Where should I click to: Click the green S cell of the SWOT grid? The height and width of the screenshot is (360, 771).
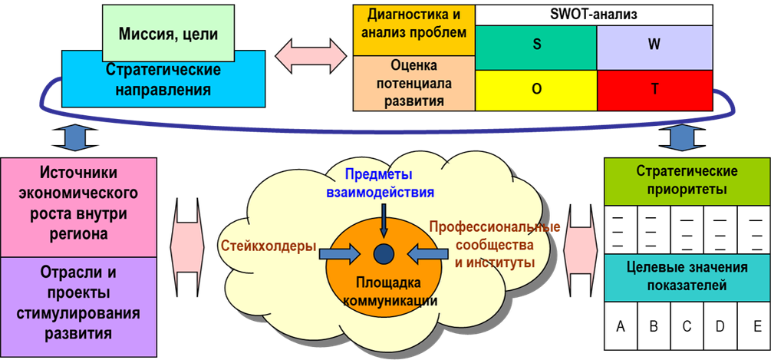pyautogui.click(x=536, y=44)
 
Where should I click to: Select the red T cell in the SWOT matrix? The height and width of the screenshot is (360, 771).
pyautogui.click(x=654, y=88)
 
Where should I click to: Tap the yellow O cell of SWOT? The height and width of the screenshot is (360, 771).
pyautogui.click(x=536, y=88)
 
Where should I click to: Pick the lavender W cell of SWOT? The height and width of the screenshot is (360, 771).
pyautogui.click(x=654, y=44)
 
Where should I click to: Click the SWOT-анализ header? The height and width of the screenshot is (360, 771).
pyautogui.click(x=595, y=13)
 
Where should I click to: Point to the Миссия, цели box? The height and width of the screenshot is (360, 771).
pyautogui.click(x=169, y=34)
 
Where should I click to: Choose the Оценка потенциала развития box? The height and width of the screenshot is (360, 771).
pyautogui.click(x=414, y=83)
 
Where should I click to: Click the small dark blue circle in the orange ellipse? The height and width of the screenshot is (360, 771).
pyautogui.click(x=383, y=252)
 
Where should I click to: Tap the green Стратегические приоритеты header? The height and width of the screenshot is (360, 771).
pyautogui.click(x=687, y=180)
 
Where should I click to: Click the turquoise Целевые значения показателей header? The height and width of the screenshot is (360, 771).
pyautogui.click(x=687, y=277)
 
